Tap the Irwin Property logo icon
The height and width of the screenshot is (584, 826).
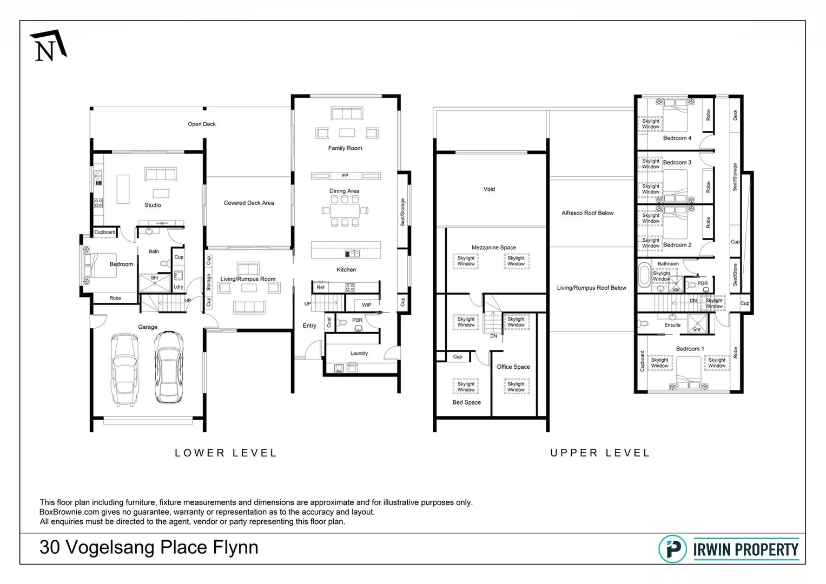pyautogui.click(x=672, y=549)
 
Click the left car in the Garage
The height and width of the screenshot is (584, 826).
pyautogui.click(x=124, y=369)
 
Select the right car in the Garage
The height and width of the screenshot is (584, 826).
pyautogui.click(x=168, y=367)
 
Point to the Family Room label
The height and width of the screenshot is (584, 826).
pyautogui.click(x=345, y=148)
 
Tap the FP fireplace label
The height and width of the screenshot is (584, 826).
pyautogui.click(x=345, y=176)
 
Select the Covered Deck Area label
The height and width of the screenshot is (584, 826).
pyautogui.click(x=249, y=203)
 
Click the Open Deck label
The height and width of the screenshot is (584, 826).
pyautogui.click(x=202, y=124)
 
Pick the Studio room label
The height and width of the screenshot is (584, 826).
pyautogui.click(x=153, y=205)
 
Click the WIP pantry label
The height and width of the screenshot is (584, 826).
pyautogui.click(x=367, y=305)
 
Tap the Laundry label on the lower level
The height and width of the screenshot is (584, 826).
pyautogui.click(x=359, y=354)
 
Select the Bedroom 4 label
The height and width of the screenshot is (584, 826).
pyautogui.click(x=677, y=138)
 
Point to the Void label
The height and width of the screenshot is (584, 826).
pyautogui.click(x=489, y=189)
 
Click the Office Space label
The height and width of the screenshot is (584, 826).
pyautogui.click(x=513, y=367)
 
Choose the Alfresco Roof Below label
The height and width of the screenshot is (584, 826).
pyautogui.click(x=587, y=213)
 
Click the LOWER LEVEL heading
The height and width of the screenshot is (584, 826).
pyautogui.click(x=226, y=453)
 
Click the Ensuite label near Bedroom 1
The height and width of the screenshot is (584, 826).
pyautogui.click(x=672, y=326)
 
